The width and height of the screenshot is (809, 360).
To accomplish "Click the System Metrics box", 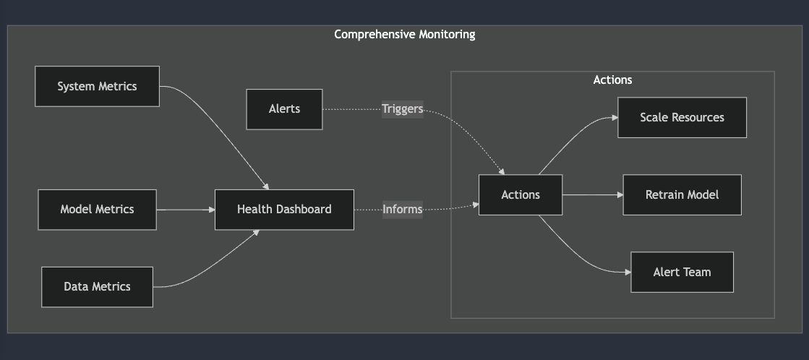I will (x=97, y=87).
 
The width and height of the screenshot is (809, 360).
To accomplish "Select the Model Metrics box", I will (x=97, y=210).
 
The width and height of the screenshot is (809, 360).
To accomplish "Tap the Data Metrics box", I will (x=97, y=287).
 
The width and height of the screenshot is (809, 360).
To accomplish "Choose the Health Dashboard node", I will (x=284, y=210).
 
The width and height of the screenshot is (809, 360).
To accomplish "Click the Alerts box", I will (x=284, y=109).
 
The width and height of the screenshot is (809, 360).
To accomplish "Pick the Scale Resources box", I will (x=682, y=117).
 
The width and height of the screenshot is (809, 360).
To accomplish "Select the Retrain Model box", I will (x=682, y=194).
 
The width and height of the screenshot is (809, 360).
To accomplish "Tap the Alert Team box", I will (x=682, y=272).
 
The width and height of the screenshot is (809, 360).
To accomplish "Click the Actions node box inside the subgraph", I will (x=520, y=194).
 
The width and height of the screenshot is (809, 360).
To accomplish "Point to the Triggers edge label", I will (x=402, y=109).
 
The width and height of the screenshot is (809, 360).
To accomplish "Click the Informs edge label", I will (x=402, y=210).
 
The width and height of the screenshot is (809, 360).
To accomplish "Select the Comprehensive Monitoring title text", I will (x=404, y=34).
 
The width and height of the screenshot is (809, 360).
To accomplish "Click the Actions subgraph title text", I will (x=612, y=80).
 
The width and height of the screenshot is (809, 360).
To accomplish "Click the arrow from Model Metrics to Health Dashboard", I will (x=185, y=210).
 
